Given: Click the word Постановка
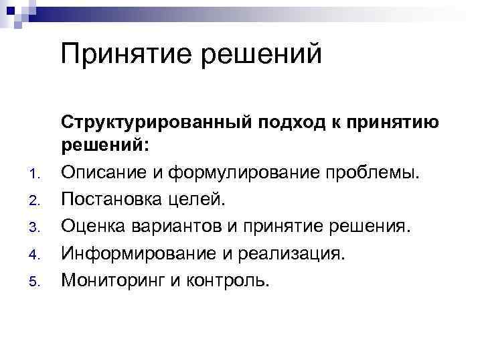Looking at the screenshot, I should pos(113,200).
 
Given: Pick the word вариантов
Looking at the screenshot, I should pos(171,226).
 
